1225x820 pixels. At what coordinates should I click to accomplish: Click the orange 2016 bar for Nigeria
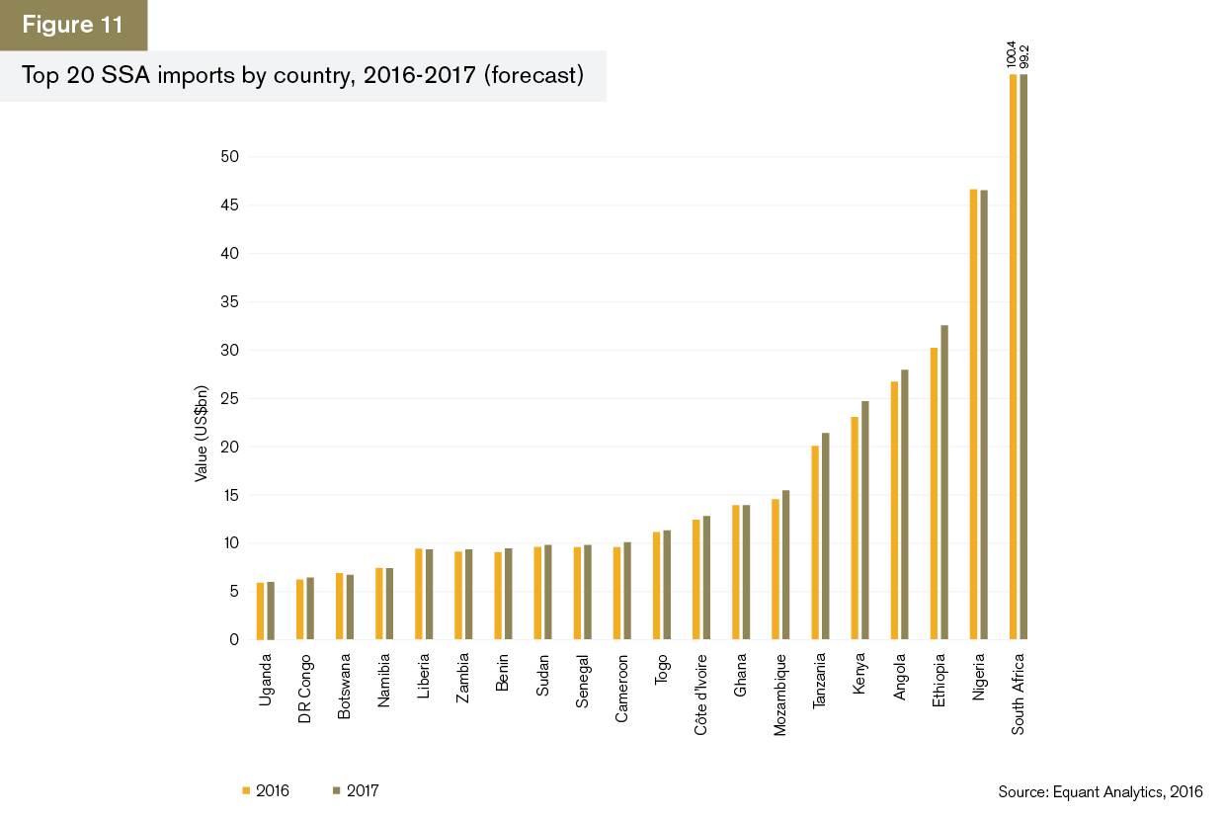[973, 415]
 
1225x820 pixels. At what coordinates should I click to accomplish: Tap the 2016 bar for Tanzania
[815, 543]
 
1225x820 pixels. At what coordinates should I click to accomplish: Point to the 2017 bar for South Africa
[1022, 356]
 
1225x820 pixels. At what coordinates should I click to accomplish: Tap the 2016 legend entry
[264, 790]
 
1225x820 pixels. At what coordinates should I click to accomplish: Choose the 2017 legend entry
[355, 790]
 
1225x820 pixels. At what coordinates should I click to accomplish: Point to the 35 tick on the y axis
[232, 302]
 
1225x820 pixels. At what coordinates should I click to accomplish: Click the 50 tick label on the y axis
[232, 157]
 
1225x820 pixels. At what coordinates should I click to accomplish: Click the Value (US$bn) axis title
[202, 433]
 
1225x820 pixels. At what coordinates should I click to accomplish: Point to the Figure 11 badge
[73, 25]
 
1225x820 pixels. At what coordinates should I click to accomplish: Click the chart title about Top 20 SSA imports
[302, 76]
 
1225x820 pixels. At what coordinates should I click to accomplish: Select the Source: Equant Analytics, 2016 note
[1101, 792]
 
